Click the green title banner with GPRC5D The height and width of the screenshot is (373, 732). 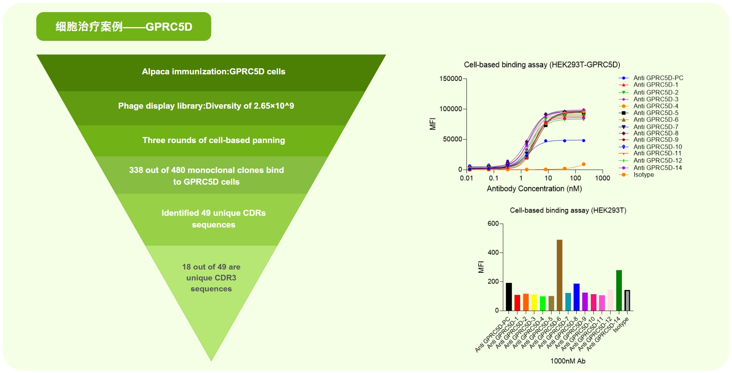pos(123,27)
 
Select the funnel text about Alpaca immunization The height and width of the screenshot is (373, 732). pos(213,72)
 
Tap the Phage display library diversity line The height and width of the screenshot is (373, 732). pos(206,106)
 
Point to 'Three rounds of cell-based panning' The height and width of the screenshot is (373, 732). pos(213,140)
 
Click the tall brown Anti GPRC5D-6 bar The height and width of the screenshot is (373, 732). pos(559,275)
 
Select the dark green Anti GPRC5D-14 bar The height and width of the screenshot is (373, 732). pos(619,290)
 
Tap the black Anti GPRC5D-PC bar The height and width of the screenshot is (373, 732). pos(508,297)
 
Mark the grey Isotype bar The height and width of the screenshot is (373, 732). pos(627,300)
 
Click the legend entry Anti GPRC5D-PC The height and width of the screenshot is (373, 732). pos(658,78)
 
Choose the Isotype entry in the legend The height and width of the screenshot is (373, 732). pos(643,175)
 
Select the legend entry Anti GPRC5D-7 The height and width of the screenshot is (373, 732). pos(655,126)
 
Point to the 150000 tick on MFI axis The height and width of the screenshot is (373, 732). pos(450,79)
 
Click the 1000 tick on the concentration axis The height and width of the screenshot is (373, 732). pos(602,178)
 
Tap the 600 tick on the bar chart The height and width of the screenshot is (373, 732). pos(493,223)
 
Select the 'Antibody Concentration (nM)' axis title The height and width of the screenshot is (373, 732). pos(534,189)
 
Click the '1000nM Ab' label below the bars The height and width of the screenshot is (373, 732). pos(568,361)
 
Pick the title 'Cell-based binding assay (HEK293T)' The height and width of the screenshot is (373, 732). pos(568,210)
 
